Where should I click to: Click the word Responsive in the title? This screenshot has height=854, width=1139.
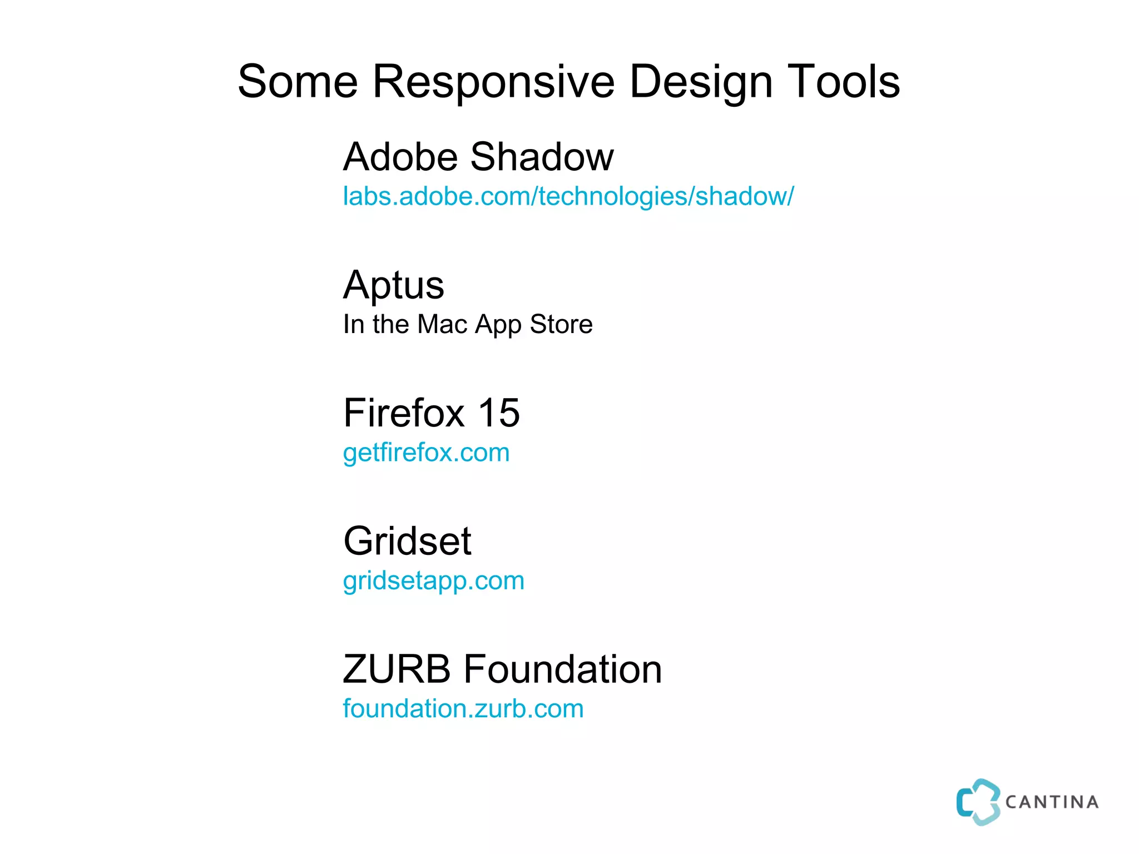pos(493,82)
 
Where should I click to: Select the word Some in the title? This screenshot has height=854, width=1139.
pos(298,82)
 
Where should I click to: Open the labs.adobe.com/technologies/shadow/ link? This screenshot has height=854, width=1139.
pos(568,196)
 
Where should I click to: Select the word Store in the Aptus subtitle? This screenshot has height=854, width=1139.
pos(561,324)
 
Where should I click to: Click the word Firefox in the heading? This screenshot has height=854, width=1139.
pos(404,413)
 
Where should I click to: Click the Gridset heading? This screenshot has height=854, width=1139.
pos(407,541)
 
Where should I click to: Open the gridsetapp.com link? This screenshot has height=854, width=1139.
pos(433,581)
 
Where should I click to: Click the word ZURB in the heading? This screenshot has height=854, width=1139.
pos(397,669)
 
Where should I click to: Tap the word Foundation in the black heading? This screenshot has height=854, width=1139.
pos(562,669)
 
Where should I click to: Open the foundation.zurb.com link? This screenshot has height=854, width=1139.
pos(463,709)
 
